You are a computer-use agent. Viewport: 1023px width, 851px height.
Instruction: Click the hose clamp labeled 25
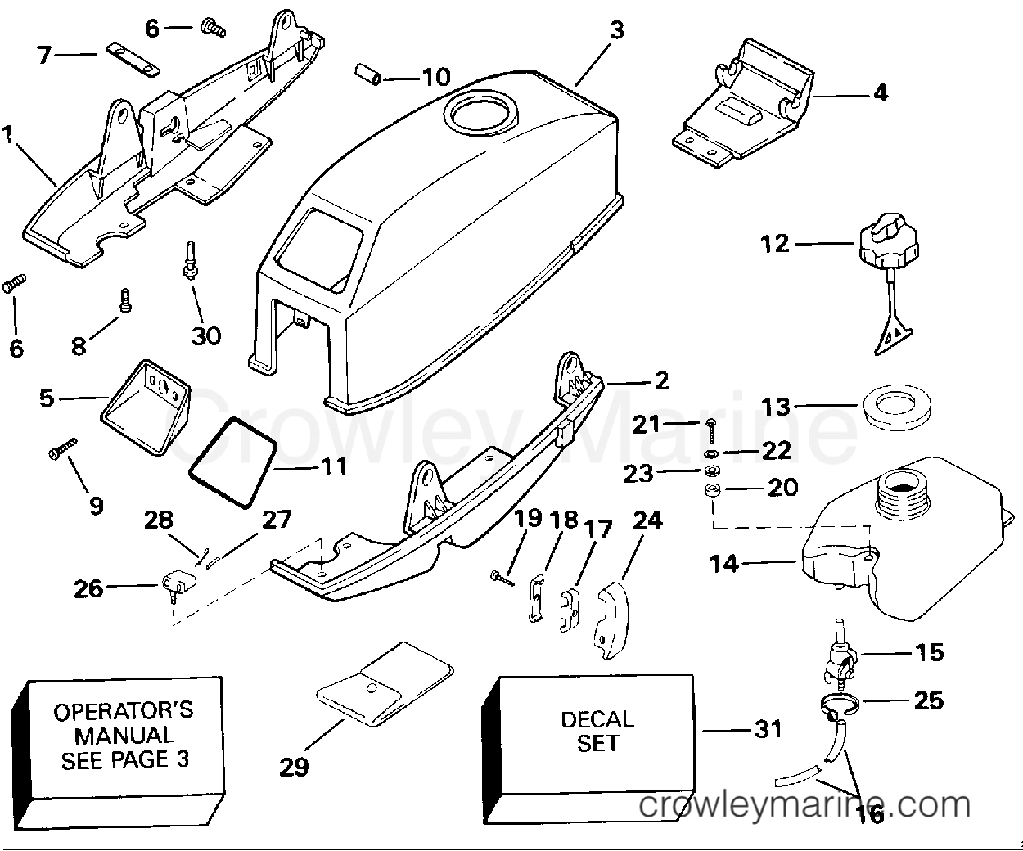tap(839, 706)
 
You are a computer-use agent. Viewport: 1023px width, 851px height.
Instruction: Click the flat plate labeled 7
tap(133, 59)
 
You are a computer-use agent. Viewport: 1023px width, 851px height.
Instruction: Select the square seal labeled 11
tap(232, 462)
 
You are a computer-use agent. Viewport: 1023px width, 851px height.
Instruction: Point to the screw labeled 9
tap(63, 448)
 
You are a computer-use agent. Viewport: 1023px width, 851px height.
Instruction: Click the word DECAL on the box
tap(597, 719)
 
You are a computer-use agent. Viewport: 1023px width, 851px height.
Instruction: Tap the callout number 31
tap(768, 729)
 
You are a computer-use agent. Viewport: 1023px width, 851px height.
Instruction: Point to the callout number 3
tap(617, 30)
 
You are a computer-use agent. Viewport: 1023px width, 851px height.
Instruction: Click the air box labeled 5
tap(146, 407)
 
